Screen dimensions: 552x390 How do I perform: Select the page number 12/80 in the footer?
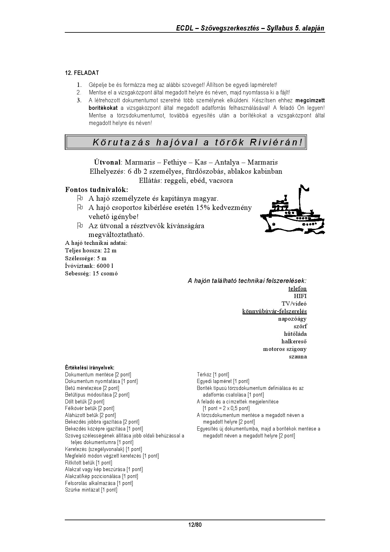click(195, 525)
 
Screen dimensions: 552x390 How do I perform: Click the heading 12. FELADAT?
click(82, 73)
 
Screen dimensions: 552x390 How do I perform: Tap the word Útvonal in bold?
click(107, 162)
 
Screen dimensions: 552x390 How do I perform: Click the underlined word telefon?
click(297, 289)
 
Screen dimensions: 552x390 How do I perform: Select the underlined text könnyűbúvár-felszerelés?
click(274, 311)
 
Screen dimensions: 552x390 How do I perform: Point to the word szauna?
click(298, 357)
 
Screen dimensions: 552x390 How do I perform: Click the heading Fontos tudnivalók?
click(97, 190)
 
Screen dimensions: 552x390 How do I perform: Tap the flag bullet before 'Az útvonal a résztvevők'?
click(80, 226)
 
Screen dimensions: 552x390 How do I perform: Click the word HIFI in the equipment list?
click(300, 296)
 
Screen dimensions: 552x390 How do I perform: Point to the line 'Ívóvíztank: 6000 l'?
click(89, 266)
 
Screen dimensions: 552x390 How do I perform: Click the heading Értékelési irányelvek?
click(90, 368)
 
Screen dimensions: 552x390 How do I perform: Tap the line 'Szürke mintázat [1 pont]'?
click(91, 490)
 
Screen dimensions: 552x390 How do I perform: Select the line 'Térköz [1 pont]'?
click(213, 375)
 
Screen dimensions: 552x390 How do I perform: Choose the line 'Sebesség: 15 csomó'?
click(91, 273)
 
